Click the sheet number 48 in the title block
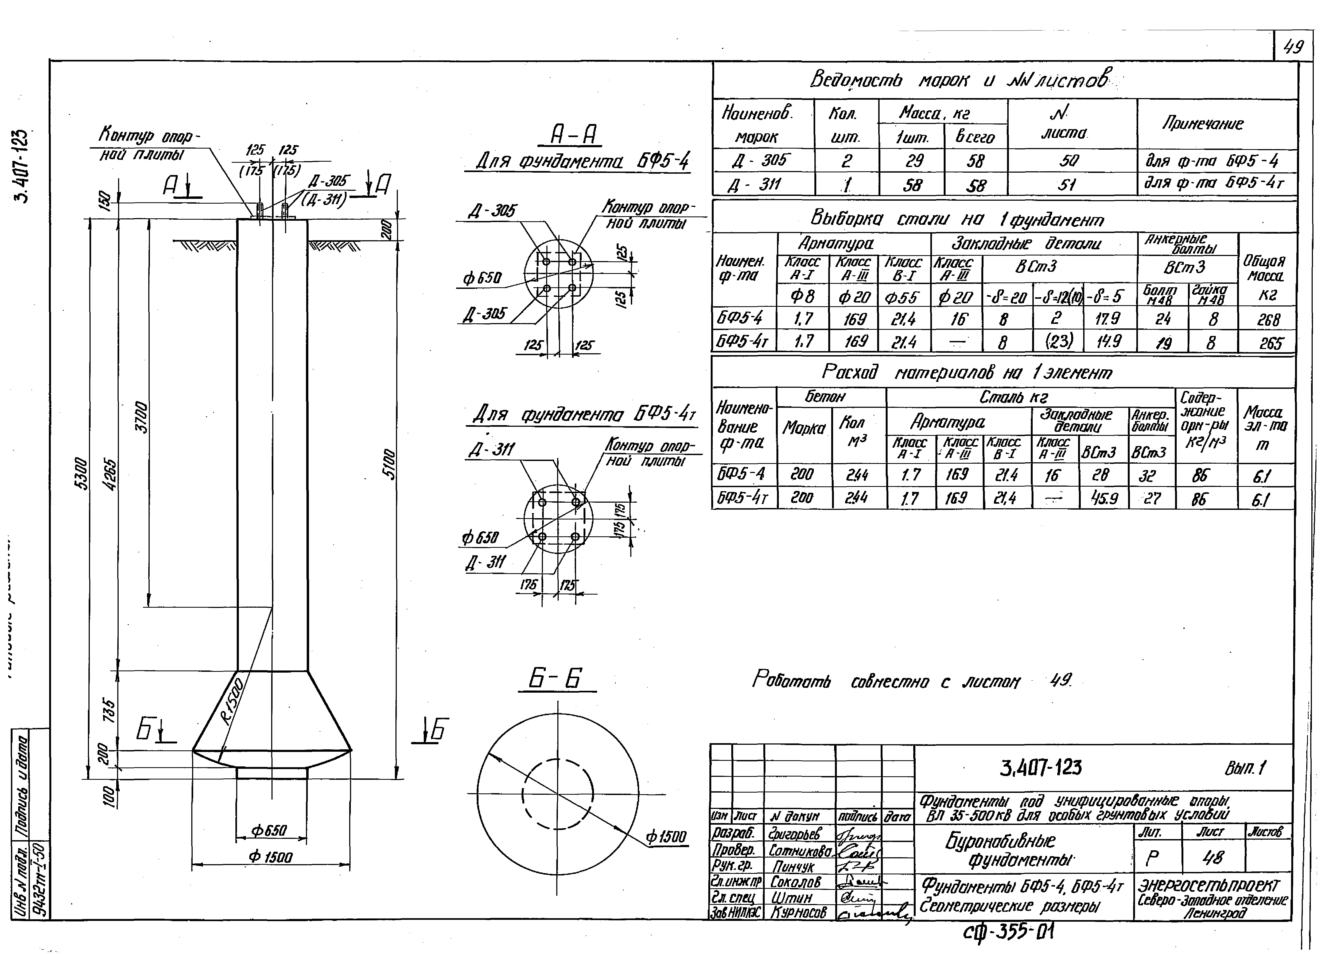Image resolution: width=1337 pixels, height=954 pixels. [1212, 859]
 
